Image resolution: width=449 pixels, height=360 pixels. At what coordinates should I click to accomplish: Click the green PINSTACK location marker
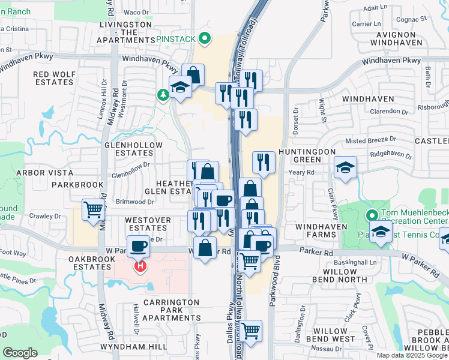coord(205,40)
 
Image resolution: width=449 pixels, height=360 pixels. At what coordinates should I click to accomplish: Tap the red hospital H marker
coord(140,265)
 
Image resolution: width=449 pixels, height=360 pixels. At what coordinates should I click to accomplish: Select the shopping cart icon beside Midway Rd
coord(93,211)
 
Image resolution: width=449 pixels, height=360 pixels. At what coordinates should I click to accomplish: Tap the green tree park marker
coord(163,95)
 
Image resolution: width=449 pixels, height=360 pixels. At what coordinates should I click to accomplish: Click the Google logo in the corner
coord(20,353)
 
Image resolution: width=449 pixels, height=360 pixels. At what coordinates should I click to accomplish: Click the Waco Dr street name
coord(136,12)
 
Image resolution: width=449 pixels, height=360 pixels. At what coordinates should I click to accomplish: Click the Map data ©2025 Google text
coord(412,355)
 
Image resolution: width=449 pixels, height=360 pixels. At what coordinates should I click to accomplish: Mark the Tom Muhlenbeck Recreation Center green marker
coord(371,214)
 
